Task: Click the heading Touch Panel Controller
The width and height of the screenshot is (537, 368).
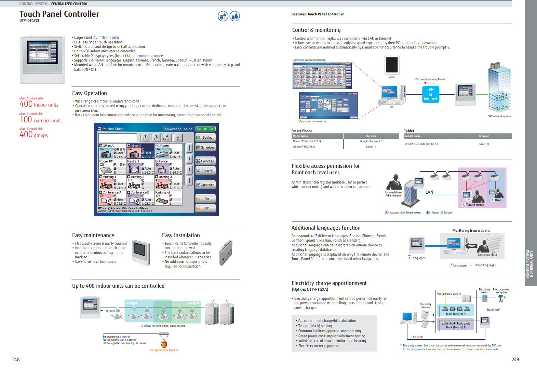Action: coord(59,14)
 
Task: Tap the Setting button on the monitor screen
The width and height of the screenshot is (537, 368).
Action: coord(205,138)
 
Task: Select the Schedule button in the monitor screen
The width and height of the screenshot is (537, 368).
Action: coord(205,148)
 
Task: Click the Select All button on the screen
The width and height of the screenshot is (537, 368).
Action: coord(205,161)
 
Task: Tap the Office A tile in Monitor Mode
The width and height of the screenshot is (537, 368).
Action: coord(112,151)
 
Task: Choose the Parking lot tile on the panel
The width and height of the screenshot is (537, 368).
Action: coord(168,198)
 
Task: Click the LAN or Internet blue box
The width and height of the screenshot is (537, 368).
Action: coord(430,94)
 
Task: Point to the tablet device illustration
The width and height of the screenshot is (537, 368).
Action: coord(392,65)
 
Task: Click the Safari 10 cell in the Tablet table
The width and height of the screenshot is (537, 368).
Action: coord(484,144)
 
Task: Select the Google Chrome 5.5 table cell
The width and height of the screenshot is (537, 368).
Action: coord(371,141)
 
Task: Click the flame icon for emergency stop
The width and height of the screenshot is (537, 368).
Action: coord(164,343)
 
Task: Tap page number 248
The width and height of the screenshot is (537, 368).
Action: coord(16,359)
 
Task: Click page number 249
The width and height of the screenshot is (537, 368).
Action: coord(515,359)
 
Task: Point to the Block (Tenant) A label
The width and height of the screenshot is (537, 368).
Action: coord(456,314)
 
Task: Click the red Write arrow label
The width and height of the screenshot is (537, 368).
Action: coord(471,246)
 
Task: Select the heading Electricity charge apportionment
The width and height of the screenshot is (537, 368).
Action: coord(329,283)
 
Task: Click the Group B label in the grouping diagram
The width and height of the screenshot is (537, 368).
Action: coord(193,303)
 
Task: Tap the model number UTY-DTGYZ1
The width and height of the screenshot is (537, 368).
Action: coord(29,21)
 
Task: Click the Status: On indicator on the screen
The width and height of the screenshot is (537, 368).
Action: coord(205,129)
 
